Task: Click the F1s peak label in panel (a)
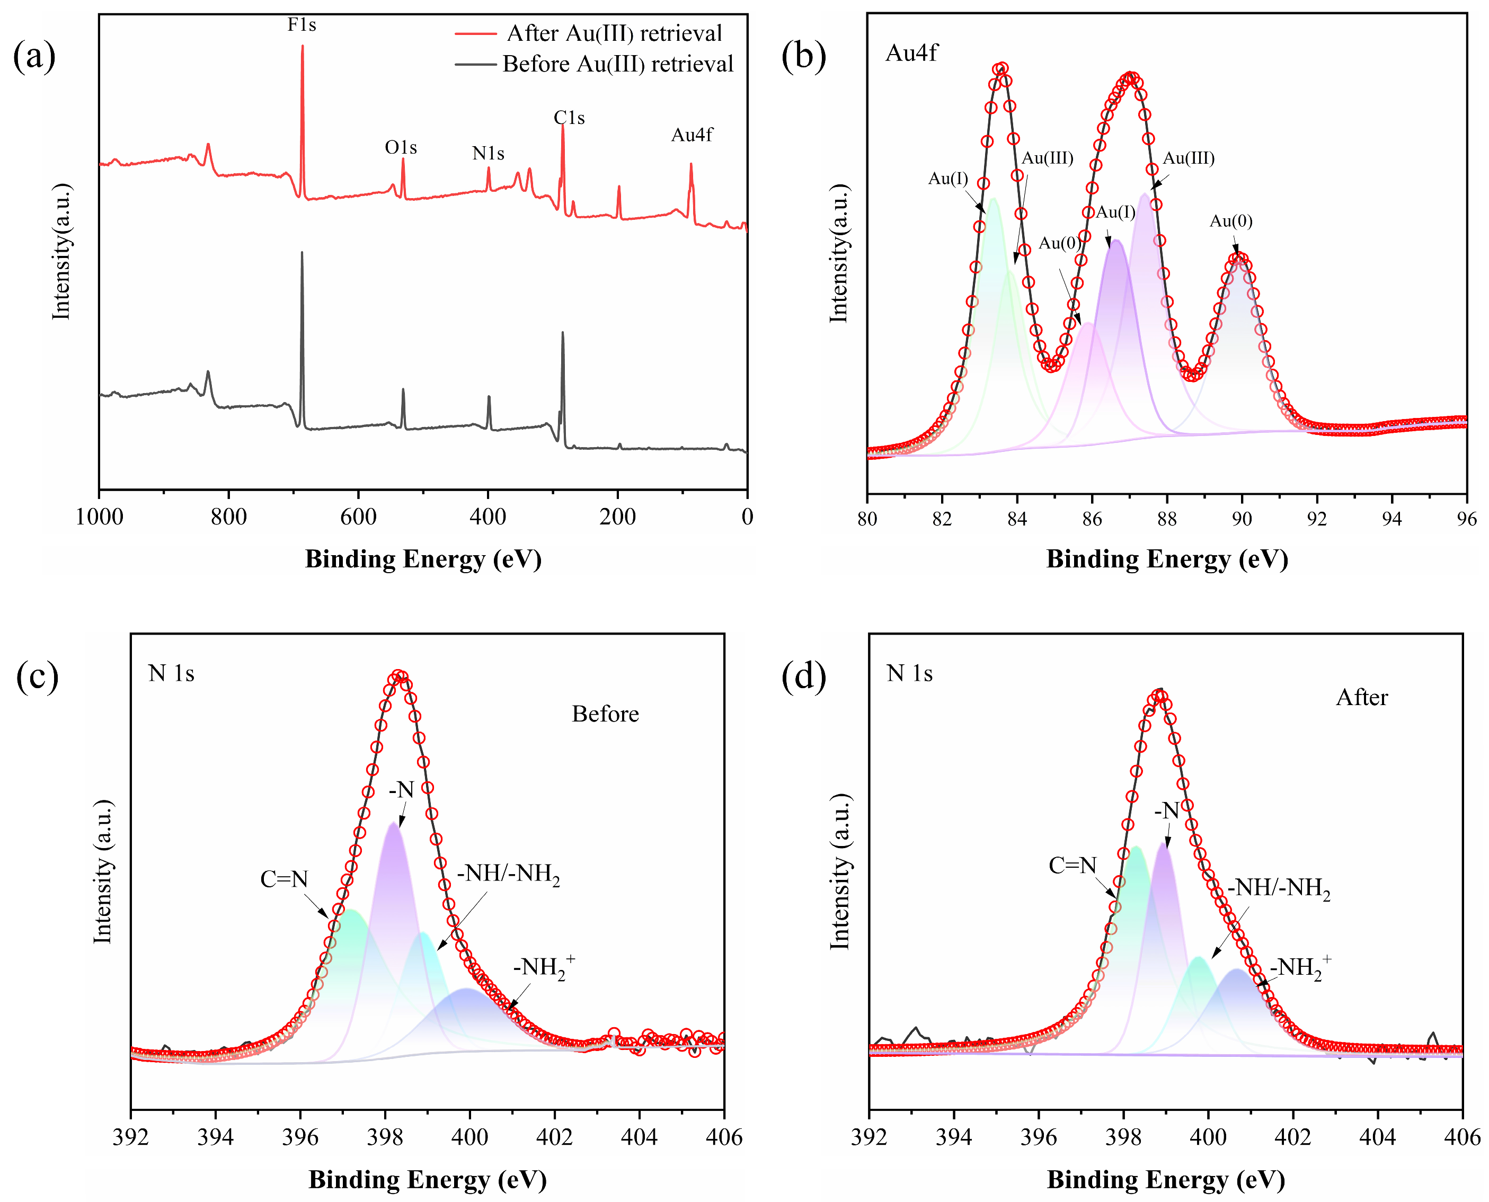point(302,25)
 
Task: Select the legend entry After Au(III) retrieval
point(614,33)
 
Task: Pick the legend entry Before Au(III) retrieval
point(617,65)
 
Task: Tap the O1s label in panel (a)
point(401,147)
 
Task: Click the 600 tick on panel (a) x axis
point(358,517)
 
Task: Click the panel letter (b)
point(803,56)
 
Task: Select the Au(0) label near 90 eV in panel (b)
point(1230,221)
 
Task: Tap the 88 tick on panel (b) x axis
point(1167,519)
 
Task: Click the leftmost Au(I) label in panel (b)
point(948,179)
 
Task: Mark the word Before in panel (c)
point(605,714)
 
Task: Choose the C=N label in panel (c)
point(284,879)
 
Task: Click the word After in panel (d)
point(1362,697)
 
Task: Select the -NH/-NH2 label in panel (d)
point(1279,888)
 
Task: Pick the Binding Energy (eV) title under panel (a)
point(423,559)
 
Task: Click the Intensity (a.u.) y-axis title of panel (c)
point(102,872)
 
